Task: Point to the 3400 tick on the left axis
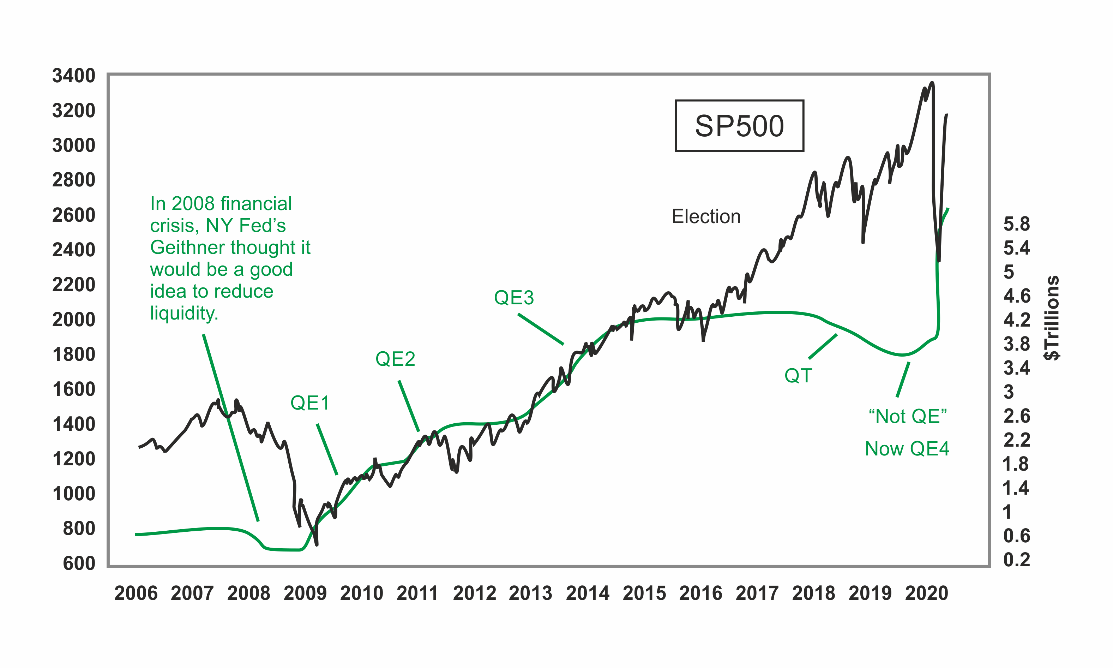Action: click(x=74, y=76)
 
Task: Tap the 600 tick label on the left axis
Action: click(x=79, y=563)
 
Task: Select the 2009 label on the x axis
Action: click(x=305, y=593)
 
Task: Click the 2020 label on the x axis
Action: click(x=926, y=593)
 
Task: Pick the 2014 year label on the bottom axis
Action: click(x=588, y=593)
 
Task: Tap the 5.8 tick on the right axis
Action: click(x=1016, y=224)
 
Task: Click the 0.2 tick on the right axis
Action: click(x=1016, y=560)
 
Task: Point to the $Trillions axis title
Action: click(x=1051, y=318)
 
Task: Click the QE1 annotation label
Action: click(x=310, y=403)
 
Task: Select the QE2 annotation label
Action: click(x=395, y=359)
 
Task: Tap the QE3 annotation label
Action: click(x=514, y=298)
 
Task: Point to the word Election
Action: click(x=706, y=216)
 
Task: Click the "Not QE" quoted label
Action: click(x=907, y=416)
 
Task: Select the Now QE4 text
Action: click(x=907, y=449)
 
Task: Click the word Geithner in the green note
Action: click(x=186, y=247)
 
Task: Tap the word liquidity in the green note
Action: click(x=184, y=313)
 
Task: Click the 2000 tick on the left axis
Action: click(x=74, y=320)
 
